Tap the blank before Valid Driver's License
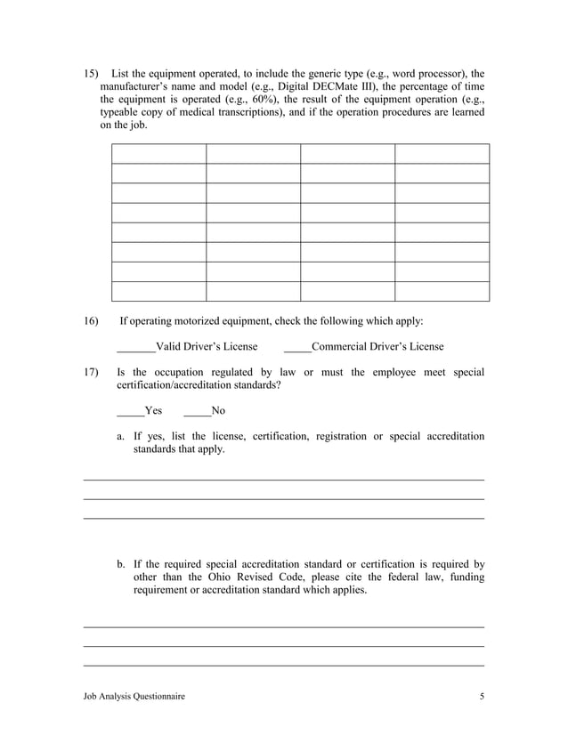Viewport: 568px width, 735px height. click(x=135, y=347)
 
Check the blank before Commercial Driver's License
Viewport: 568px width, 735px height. click(x=297, y=347)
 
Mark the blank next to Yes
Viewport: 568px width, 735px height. click(x=130, y=411)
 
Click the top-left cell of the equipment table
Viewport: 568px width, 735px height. click(x=158, y=153)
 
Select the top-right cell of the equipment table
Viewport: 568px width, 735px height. click(x=442, y=153)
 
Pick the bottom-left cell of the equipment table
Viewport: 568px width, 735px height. click(x=158, y=292)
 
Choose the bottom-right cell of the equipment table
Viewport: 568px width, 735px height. click(x=442, y=292)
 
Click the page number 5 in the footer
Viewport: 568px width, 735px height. click(x=482, y=697)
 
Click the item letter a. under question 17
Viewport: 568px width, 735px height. click(x=121, y=436)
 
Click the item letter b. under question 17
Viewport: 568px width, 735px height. click(x=121, y=563)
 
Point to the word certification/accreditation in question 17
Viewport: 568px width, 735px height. click(x=190, y=385)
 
